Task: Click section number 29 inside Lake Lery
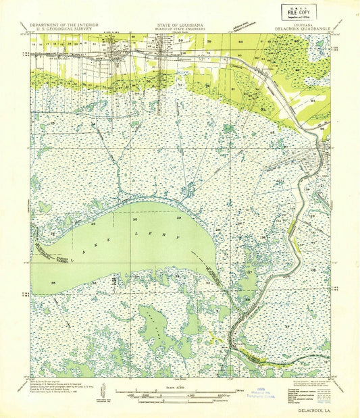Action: tap(178, 219)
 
